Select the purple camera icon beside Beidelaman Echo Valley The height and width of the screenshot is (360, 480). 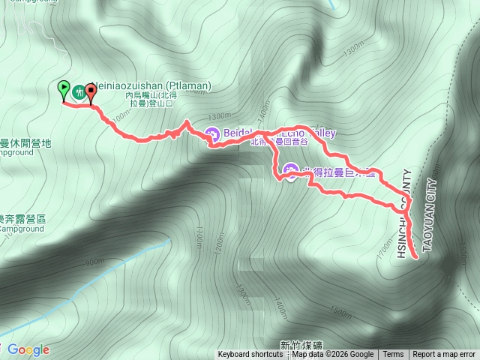click(x=212, y=135)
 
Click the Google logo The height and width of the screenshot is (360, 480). click(x=28, y=349)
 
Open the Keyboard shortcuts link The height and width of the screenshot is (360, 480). click(x=250, y=355)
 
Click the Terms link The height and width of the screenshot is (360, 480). click(x=393, y=355)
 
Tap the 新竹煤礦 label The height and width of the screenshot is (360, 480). click(x=301, y=345)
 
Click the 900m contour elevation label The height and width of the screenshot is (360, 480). click(x=95, y=262)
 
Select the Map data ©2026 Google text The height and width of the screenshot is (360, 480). click(x=333, y=355)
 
